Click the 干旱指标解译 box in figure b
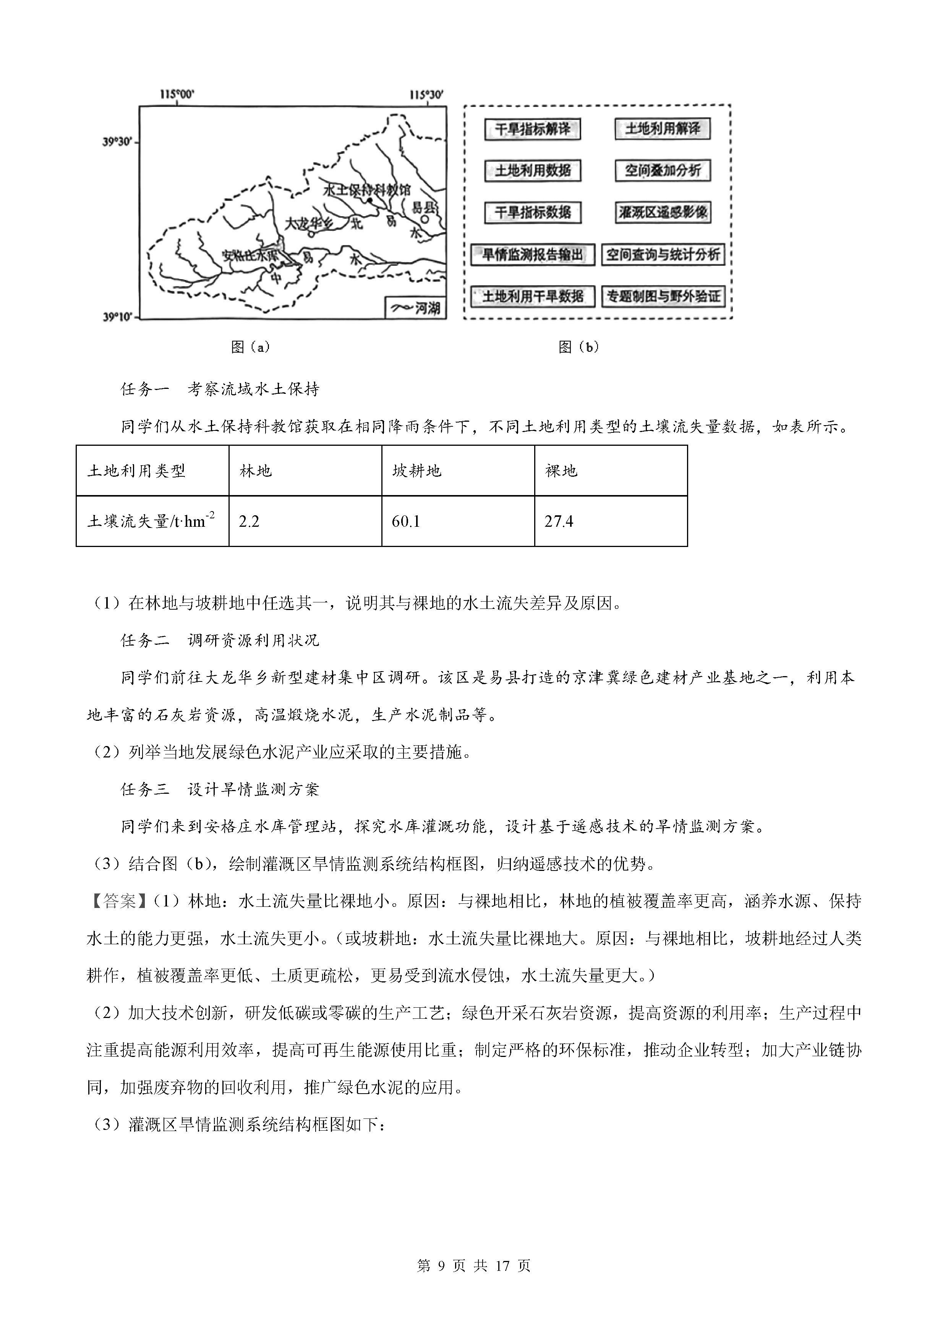point(532,129)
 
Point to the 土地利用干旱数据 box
point(532,296)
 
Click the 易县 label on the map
point(425,208)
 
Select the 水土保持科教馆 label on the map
point(366,190)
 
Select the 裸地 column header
point(561,470)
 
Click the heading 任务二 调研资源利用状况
point(219,640)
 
